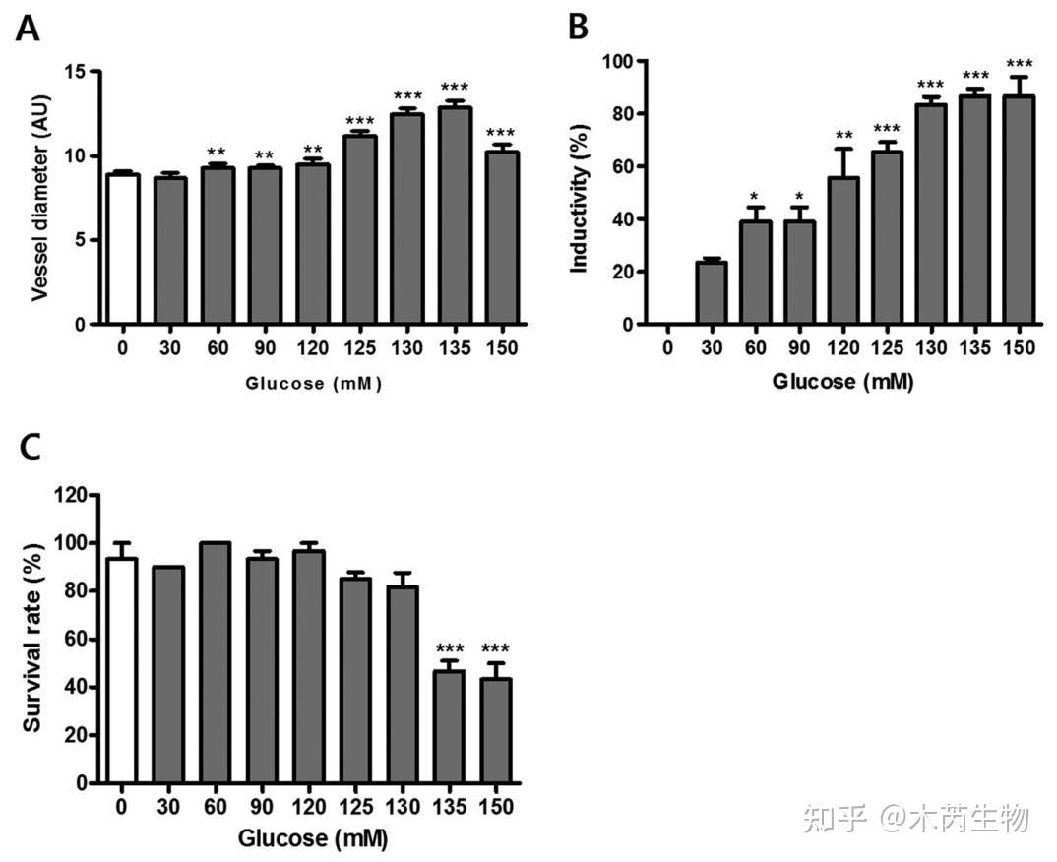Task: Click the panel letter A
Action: pyautogui.click(x=29, y=29)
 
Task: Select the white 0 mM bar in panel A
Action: pyautogui.click(x=123, y=249)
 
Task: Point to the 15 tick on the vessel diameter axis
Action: pyautogui.click(x=74, y=72)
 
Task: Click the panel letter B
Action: pyautogui.click(x=579, y=27)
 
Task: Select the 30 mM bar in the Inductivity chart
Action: pyautogui.click(x=711, y=292)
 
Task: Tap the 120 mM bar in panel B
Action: pyautogui.click(x=843, y=251)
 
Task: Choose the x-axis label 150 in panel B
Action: pyautogui.click(x=1019, y=347)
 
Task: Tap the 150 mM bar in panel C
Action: pyautogui.click(x=496, y=730)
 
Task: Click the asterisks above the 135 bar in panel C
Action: pyautogui.click(x=449, y=648)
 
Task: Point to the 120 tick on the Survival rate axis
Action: pyautogui.click(x=73, y=495)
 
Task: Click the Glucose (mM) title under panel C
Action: pyautogui.click(x=312, y=839)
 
